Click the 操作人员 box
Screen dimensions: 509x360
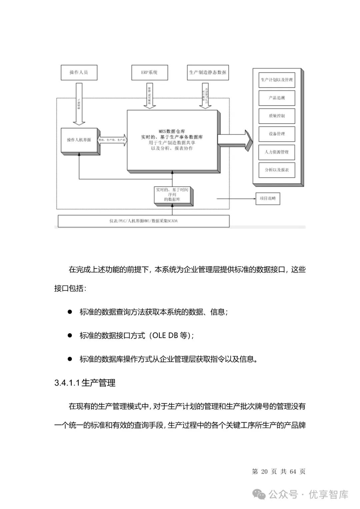[x=79, y=72]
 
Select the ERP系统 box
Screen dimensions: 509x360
[x=149, y=72]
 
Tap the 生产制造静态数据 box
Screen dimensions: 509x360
[x=208, y=72]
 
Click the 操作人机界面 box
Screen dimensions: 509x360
[x=79, y=140]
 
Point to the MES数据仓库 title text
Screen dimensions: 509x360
[x=172, y=131]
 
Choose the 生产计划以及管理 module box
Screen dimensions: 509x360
[x=277, y=80]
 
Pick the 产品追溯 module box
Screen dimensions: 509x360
[x=277, y=98]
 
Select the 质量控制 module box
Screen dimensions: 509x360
[x=277, y=116]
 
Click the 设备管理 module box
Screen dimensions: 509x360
[x=277, y=134]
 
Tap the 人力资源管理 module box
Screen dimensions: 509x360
[x=277, y=152]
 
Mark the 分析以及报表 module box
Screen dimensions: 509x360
[x=277, y=170]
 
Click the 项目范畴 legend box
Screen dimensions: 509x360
[x=268, y=199]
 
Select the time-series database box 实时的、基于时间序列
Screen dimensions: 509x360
[x=172, y=195]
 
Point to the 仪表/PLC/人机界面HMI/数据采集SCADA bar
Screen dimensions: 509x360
[x=144, y=221]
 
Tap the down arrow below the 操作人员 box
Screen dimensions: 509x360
[x=79, y=103]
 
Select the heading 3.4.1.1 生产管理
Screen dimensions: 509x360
[x=85, y=383]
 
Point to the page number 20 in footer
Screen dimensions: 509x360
[x=264, y=471]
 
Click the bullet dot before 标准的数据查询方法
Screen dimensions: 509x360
[x=70, y=312]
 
